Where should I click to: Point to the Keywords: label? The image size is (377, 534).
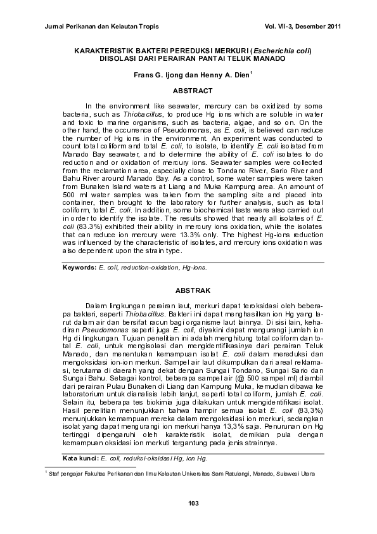pos(79,267)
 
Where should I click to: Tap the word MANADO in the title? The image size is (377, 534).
pos(270,58)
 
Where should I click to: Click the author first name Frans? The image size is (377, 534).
pos(143,74)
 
